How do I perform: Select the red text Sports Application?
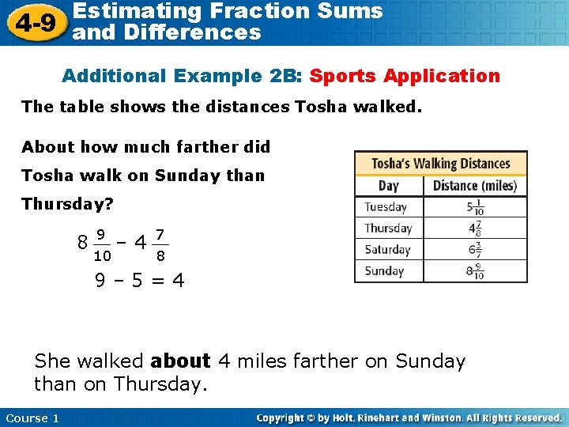405,76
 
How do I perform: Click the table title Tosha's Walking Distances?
441,164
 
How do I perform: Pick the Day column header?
389,186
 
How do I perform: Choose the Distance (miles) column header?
475,186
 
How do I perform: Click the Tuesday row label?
386,207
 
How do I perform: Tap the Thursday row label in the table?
388,229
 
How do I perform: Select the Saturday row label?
387,250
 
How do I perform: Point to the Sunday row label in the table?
384,271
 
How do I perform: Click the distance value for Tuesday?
475,207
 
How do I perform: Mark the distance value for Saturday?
475,250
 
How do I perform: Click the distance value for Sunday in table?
475,271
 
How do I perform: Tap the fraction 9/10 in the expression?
102,244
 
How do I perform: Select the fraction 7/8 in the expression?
160,244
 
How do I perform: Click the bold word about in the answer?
180,361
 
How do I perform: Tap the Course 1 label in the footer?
32,418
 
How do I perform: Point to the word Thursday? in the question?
68,204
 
